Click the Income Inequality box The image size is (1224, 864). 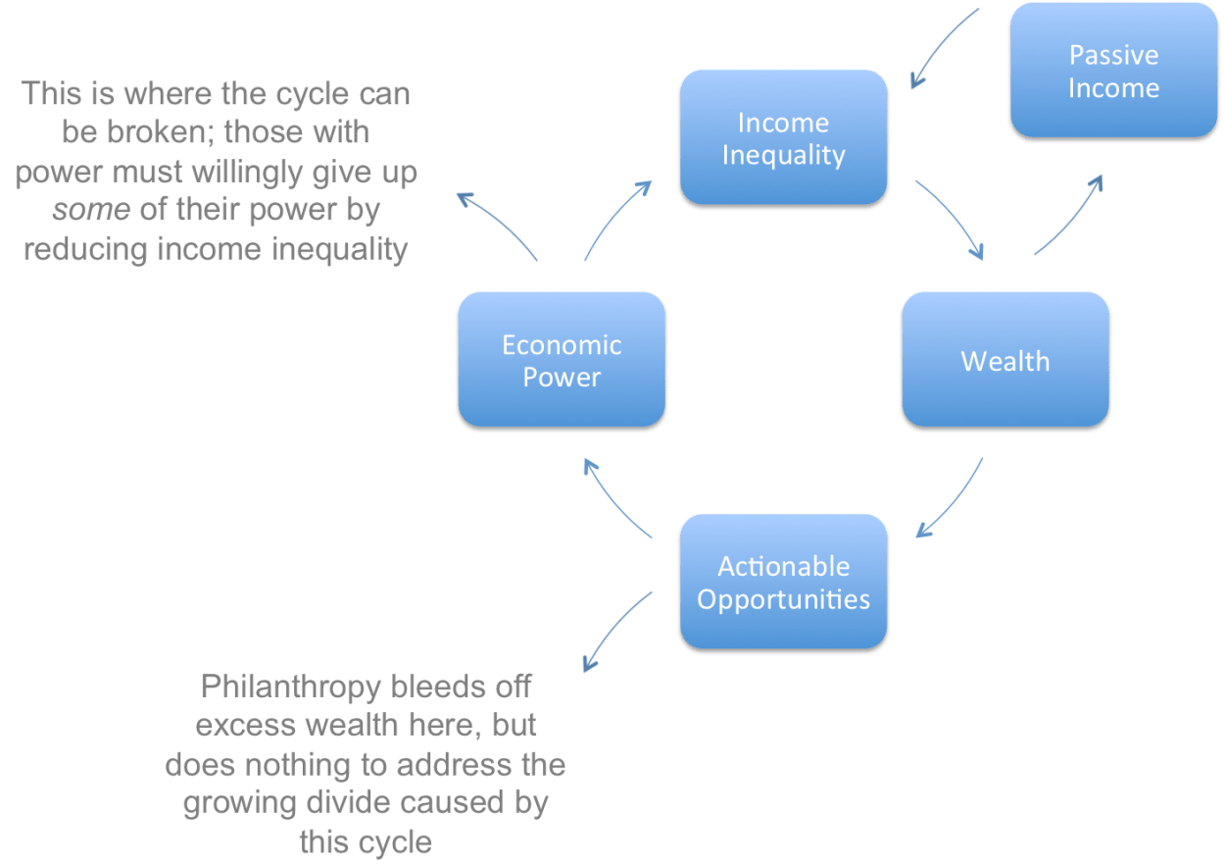(783, 138)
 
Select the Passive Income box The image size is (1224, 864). (1113, 71)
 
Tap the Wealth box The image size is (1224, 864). (1004, 361)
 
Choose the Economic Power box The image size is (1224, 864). (562, 361)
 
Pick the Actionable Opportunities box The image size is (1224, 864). (783, 583)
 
